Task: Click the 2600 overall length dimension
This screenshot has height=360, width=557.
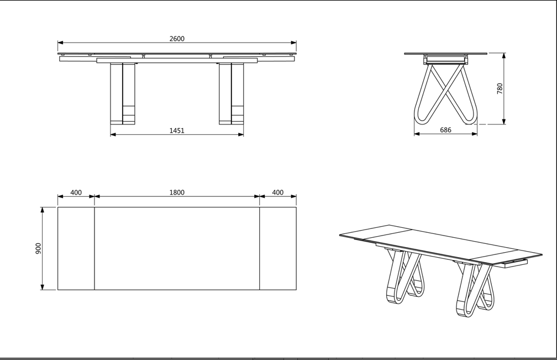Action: coord(177,39)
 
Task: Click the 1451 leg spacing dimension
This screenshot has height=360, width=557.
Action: coord(177,131)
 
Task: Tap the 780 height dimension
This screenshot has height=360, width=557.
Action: coord(500,88)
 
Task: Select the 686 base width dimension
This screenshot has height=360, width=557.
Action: coord(445,131)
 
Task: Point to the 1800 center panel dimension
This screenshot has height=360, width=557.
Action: coord(177,192)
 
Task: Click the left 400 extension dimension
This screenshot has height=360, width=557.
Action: coord(76,192)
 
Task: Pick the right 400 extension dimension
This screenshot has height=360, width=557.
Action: coord(278,192)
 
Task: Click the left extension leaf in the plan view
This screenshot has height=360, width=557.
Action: coord(76,248)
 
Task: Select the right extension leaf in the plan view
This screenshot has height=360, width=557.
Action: coord(278,248)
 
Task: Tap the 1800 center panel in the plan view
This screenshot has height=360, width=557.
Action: coord(177,248)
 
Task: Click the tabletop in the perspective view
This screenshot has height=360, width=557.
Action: coord(437,243)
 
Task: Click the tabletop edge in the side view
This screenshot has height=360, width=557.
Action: coord(445,54)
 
